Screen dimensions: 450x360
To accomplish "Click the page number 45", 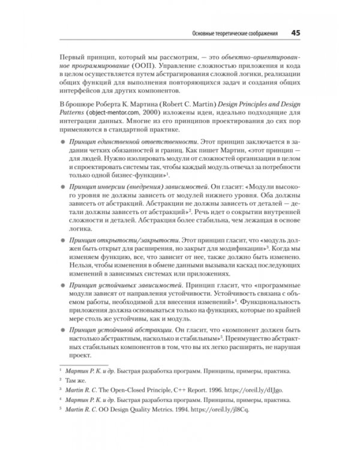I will [x=296, y=32].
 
